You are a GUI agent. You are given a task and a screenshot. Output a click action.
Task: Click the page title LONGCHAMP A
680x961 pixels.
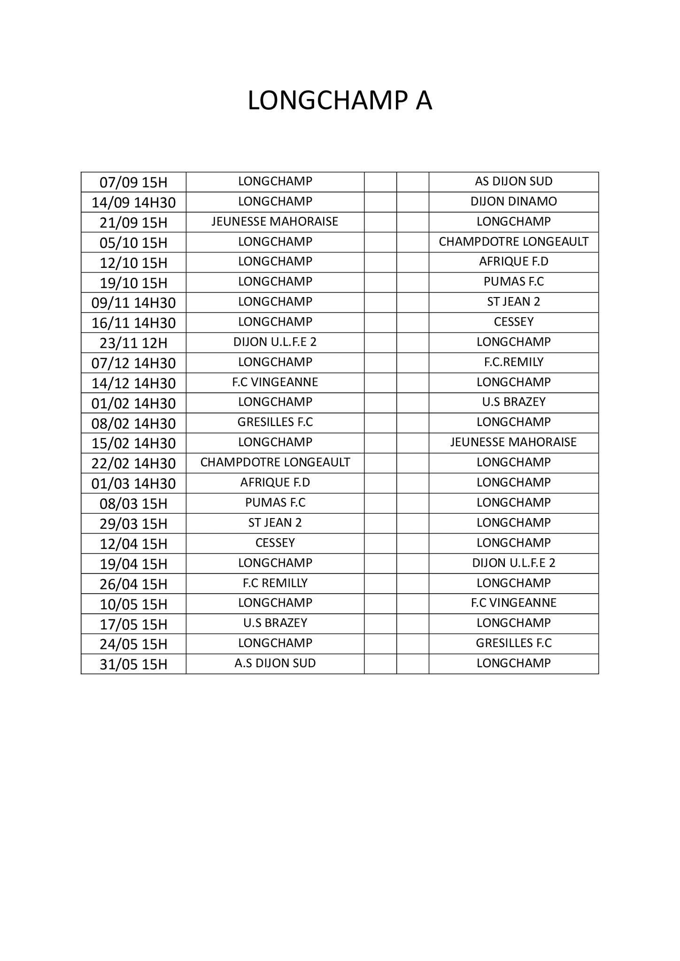pos(340,101)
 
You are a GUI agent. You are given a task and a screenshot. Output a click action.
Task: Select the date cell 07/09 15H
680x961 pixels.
pos(133,182)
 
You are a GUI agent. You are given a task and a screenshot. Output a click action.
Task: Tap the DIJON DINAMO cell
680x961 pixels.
pos(513,201)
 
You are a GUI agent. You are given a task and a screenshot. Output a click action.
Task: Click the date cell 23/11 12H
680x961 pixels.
pos(133,343)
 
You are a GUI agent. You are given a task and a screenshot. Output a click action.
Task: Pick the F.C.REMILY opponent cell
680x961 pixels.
pos(513,362)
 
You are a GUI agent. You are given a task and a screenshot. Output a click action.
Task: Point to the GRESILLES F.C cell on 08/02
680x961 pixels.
pos(275,422)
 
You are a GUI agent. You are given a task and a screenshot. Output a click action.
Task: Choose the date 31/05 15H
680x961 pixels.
pos(133,664)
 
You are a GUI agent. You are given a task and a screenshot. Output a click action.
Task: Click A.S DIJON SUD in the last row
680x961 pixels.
pos(275,663)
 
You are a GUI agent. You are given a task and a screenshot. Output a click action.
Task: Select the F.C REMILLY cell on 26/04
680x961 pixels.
pos(275,583)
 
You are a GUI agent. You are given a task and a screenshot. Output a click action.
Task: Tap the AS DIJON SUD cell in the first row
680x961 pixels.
pos(513,181)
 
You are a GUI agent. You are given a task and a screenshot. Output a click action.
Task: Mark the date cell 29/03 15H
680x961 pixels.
pos(133,524)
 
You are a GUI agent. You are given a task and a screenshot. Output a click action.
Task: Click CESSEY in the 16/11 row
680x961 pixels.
pos(513,322)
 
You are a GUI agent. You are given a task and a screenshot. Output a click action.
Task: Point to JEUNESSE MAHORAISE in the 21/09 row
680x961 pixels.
pos(275,221)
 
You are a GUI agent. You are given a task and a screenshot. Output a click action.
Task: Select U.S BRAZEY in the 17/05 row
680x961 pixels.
pos(275,623)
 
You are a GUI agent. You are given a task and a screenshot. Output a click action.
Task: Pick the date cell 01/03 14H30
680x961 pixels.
pos(133,483)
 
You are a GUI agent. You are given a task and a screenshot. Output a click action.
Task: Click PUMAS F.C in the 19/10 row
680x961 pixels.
pos(513,282)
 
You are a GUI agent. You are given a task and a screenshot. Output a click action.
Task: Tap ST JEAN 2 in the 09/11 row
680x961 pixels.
pos(513,302)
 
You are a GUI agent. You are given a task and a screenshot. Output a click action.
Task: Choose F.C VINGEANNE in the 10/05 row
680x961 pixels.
pos(513,603)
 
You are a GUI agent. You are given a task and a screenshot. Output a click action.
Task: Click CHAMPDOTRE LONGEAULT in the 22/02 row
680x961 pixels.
pos(275,462)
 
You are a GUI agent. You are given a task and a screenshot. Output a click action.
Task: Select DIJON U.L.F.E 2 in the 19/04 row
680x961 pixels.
pos(513,563)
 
